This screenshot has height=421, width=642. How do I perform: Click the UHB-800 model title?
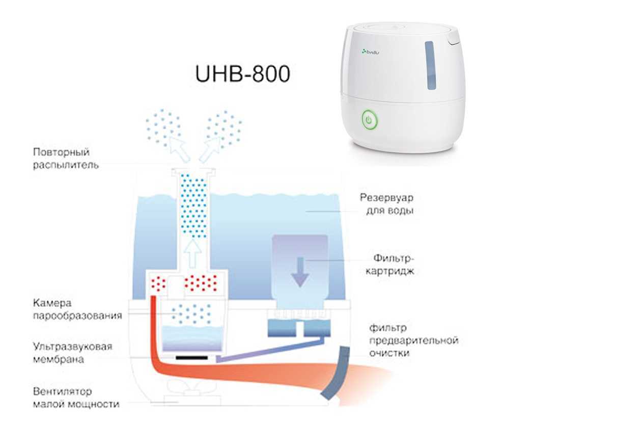242,74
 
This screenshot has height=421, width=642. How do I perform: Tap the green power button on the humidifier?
369,121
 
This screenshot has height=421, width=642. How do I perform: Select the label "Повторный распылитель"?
61,159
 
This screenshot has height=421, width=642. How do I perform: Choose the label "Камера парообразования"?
77,309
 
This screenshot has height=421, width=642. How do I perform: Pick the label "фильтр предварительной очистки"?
413,340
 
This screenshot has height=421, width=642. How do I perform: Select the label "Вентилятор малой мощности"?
76,398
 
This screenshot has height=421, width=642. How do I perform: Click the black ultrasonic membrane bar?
192,358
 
